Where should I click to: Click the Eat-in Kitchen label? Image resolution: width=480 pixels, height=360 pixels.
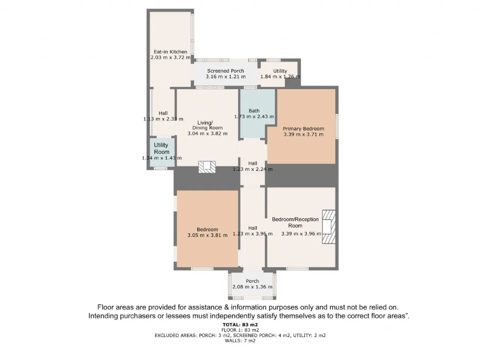[x=170, y=52]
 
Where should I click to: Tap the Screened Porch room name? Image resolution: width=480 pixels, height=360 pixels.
[x=225, y=71]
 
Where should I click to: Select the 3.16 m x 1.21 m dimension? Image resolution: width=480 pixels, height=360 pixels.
[x=225, y=77]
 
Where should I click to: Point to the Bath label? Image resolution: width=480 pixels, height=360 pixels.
[x=254, y=111]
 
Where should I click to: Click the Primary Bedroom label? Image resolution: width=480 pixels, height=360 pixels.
[x=303, y=129]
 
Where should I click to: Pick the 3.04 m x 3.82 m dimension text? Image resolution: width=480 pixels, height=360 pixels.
[x=207, y=133]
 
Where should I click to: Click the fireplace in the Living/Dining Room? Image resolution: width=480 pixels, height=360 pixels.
[x=207, y=167]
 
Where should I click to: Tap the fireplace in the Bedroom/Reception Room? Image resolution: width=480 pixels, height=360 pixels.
[x=328, y=226]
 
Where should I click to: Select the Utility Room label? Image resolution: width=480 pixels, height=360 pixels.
[x=161, y=148]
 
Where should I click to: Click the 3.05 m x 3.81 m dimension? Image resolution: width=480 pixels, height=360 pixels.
[x=207, y=235]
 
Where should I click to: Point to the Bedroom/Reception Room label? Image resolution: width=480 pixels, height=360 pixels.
[x=295, y=222]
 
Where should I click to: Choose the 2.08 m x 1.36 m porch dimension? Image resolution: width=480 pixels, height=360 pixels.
[x=252, y=287]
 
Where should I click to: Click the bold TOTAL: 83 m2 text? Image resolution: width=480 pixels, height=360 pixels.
[x=240, y=325]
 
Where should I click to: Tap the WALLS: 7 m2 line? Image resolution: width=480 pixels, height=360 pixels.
[x=240, y=340]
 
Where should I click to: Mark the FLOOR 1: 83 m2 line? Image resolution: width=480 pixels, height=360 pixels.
[x=240, y=330]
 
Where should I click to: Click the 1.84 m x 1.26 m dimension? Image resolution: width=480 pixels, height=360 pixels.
[x=280, y=77]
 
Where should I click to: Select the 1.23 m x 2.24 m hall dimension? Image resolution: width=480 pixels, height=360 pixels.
[x=253, y=169]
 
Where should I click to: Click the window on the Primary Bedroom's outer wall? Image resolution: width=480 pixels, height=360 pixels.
[x=337, y=126]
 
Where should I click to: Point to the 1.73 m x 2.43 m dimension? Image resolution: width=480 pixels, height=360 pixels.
[x=254, y=117]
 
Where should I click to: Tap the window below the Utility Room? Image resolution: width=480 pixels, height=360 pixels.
[x=160, y=168]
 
